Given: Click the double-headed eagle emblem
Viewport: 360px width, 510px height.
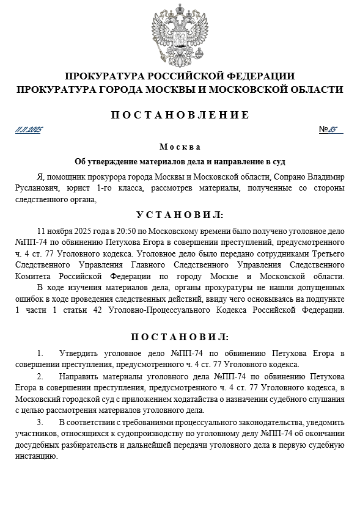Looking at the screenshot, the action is point(180,35).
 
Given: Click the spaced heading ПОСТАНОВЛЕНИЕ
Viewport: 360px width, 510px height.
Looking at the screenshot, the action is point(180,115).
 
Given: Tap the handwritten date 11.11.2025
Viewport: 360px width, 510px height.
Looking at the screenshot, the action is point(28,129).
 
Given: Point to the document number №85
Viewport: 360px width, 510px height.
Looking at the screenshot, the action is point(331,129).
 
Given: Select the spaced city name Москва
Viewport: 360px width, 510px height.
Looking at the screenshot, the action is point(180,147).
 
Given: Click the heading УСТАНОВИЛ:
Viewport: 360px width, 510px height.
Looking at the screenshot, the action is point(180,216).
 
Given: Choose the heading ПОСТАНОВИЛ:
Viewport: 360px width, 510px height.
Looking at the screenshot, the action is point(180,337).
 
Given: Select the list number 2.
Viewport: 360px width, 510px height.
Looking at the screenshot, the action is point(40,376).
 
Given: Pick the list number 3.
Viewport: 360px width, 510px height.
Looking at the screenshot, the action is point(40,422).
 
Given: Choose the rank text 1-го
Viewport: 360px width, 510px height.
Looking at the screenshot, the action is point(104,188).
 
